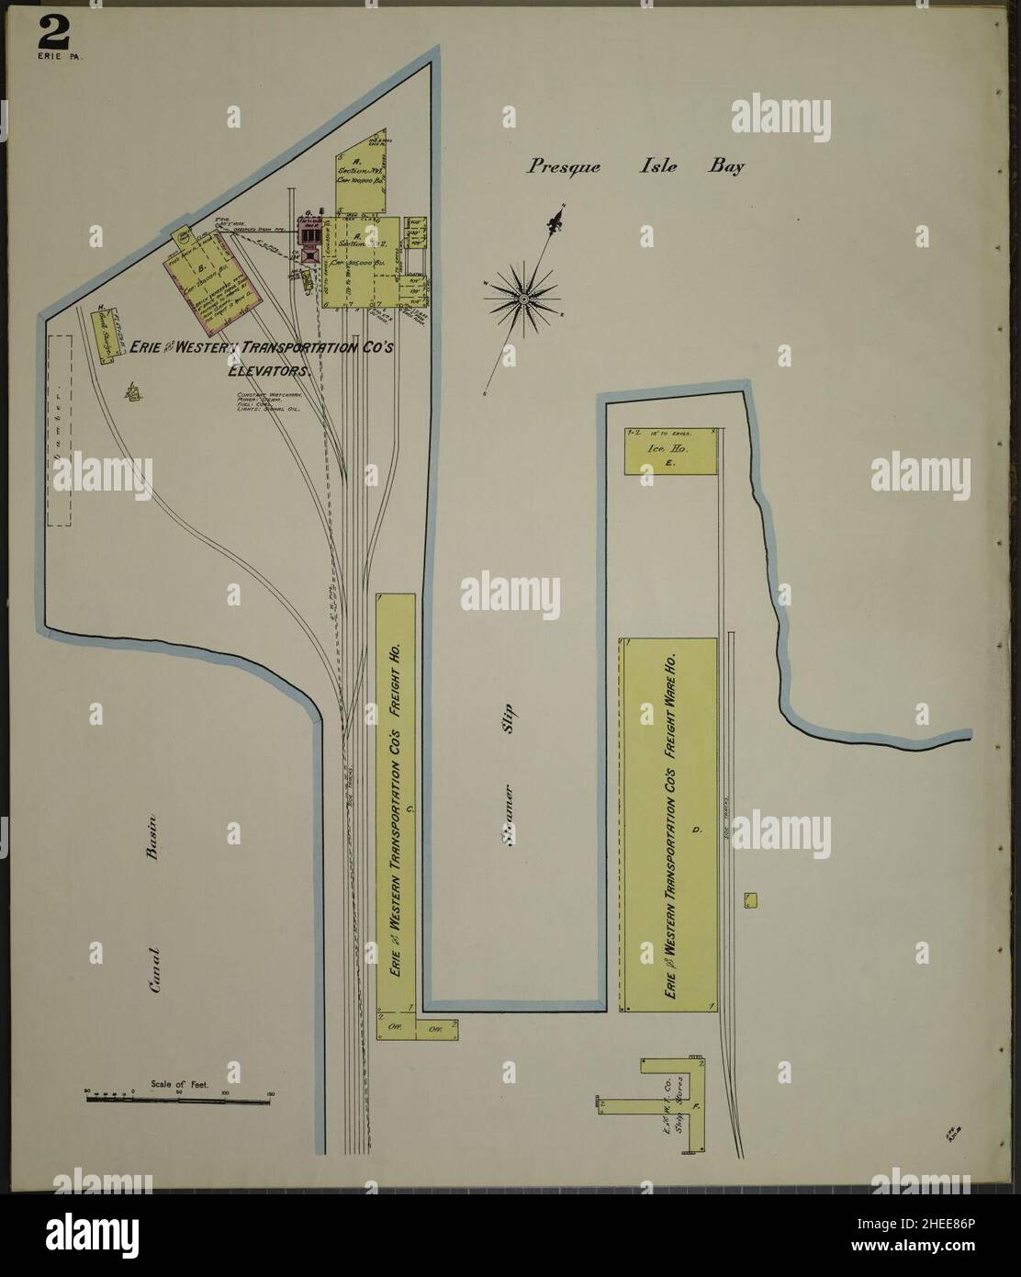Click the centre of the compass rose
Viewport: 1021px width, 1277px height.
(523, 298)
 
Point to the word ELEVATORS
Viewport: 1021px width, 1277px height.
(272, 373)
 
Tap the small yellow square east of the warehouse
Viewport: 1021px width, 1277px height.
(750, 900)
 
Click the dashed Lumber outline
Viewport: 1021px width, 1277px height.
(60, 430)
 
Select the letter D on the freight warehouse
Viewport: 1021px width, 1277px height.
(697, 830)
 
